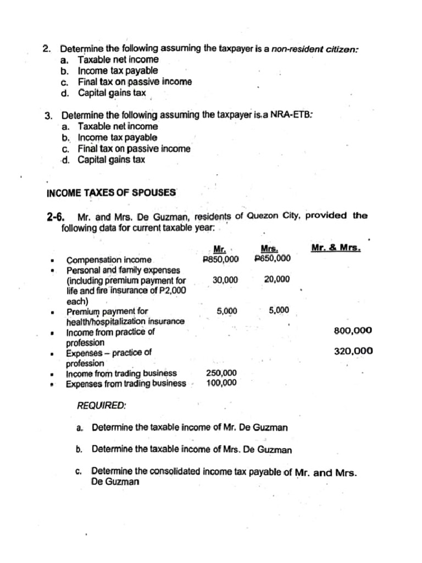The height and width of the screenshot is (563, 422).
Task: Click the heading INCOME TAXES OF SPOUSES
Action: click(111, 193)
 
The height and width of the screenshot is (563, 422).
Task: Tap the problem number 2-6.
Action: click(55, 216)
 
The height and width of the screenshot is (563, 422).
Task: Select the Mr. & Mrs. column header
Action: click(335, 248)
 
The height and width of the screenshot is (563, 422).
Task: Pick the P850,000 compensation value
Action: click(221, 259)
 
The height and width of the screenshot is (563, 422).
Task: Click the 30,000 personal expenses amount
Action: click(225, 280)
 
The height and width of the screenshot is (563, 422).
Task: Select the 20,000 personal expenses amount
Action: click(276, 279)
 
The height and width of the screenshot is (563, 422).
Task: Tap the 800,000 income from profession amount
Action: click(353, 330)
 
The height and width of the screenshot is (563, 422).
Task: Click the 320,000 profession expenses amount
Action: click(353, 351)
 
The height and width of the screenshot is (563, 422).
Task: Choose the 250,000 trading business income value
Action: click(221, 373)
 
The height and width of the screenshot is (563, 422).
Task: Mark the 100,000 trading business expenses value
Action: click(221, 383)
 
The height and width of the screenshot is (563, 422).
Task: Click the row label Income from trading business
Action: click(121, 374)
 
